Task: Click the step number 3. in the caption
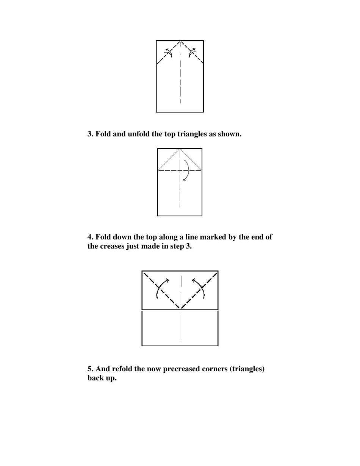coord(91,134)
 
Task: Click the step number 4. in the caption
coord(91,237)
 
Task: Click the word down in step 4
coord(123,237)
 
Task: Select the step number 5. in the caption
coord(91,369)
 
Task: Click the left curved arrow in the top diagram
coord(169,53)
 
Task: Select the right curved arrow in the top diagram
coord(192,53)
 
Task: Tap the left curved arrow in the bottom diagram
coord(161,288)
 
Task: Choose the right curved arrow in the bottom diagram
coord(200,288)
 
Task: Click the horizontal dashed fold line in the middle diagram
coord(169,171)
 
